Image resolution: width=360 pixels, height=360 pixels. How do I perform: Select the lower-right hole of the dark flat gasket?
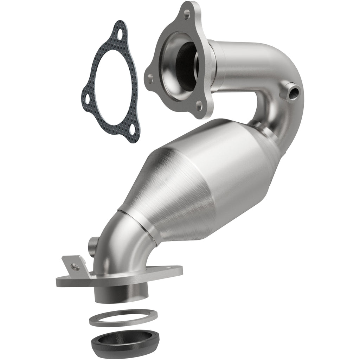(x=132, y=130)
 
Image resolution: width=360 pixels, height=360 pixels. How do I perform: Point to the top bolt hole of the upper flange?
(x=186, y=14)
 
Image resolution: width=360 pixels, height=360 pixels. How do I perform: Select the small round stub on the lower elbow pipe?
(x=93, y=242)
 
